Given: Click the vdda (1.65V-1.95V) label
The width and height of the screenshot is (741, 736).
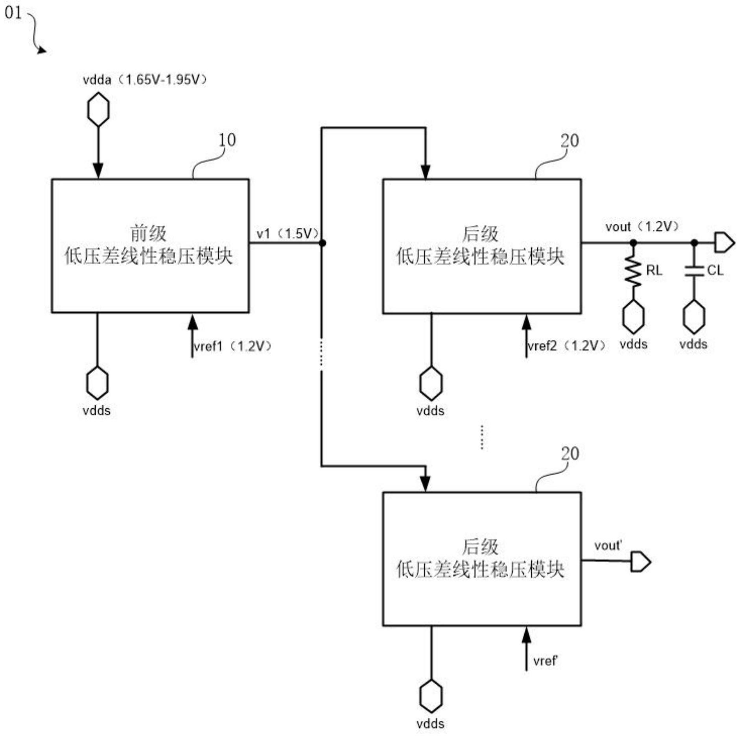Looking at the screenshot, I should [x=145, y=80].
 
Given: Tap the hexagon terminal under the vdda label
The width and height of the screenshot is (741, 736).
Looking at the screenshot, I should [x=98, y=109].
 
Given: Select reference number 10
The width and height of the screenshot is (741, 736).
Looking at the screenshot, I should [x=227, y=140].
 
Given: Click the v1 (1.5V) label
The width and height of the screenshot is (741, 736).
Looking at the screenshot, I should [x=288, y=234].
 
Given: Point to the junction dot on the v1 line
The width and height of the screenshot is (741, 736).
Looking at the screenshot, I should [x=322, y=243].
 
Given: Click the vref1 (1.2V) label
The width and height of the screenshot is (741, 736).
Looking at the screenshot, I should [x=232, y=346].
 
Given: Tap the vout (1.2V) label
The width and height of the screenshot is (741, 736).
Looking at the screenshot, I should [x=642, y=227].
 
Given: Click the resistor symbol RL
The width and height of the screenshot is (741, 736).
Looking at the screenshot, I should [x=633, y=271].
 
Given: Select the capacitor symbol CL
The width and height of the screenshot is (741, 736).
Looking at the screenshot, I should [x=694, y=271].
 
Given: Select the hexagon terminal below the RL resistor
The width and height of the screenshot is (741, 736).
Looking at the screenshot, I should [x=633, y=317].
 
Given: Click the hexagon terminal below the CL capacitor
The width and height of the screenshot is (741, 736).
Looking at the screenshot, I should [x=694, y=317].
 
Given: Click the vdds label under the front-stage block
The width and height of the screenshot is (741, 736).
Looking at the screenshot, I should [x=97, y=411].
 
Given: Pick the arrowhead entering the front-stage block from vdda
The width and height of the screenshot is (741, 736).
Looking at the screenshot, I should [x=98, y=171].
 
